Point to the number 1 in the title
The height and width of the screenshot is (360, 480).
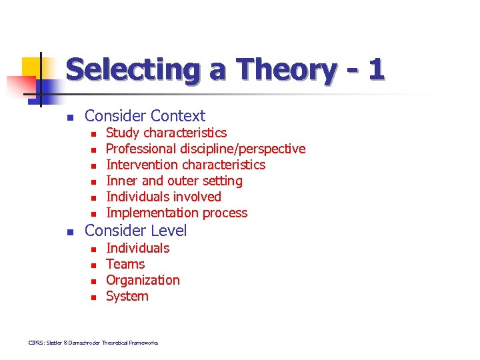point(376,69)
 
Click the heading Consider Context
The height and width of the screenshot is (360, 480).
point(145,116)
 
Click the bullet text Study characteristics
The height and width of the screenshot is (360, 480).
point(166,133)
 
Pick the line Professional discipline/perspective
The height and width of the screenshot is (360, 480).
point(205,149)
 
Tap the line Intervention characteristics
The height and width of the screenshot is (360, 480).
point(185,165)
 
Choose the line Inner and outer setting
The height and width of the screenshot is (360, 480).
point(174,181)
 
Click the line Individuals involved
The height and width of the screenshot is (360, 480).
point(163,197)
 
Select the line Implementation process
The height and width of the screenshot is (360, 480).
point(177,213)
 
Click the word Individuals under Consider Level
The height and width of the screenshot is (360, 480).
point(137,248)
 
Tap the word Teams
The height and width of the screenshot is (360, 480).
point(125,264)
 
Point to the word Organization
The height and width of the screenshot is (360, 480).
point(143,280)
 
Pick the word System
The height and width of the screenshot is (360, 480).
point(127,296)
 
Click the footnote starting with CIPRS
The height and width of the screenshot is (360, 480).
point(93,343)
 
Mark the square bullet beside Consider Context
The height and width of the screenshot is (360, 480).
point(68,117)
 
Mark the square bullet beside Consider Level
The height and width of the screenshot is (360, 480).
point(68,232)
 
